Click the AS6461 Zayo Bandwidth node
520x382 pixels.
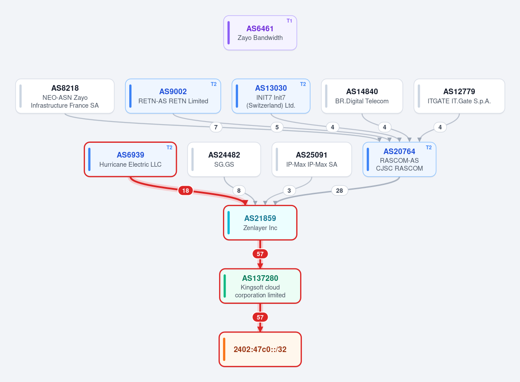260,33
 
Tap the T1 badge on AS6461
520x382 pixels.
289,21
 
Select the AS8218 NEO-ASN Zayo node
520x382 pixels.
65,96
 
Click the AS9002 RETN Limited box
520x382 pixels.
173,96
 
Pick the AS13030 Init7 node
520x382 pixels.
271,96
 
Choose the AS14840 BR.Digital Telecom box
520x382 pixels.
362,96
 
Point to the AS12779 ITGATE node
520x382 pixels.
459,96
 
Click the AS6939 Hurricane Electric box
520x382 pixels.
131,160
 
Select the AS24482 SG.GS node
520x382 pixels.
224,160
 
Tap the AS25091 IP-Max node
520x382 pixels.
312,160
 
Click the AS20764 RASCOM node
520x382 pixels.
399,160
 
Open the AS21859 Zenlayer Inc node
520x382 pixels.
260,223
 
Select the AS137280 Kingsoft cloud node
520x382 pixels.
260,286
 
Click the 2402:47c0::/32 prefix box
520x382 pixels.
260,349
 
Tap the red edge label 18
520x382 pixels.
185,191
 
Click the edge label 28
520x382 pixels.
339,191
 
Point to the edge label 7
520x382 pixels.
216,127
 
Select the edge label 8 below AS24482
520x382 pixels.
239,191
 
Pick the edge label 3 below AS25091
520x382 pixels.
289,191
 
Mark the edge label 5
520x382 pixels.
277,127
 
